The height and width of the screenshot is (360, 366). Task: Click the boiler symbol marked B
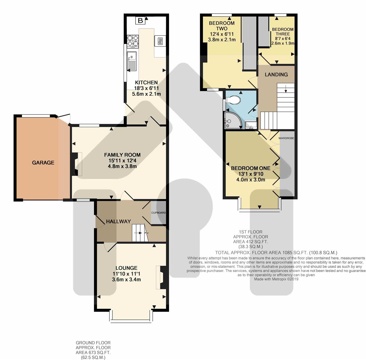(140, 21)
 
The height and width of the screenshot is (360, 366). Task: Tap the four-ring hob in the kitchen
(133, 41)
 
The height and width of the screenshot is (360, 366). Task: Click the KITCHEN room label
(146, 83)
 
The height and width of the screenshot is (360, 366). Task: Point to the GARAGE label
(43, 163)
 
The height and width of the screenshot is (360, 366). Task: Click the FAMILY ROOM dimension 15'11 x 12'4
(122, 161)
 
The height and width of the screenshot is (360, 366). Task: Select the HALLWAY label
(118, 221)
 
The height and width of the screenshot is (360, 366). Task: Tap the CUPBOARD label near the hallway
(158, 213)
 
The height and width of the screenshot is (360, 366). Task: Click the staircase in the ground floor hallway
(140, 233)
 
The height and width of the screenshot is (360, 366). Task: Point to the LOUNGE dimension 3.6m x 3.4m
(126, 279)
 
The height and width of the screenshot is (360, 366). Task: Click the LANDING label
(276, 75)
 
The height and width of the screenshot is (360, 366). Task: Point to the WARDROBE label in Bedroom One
(286, 138)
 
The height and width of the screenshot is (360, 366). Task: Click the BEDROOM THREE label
(283, 32)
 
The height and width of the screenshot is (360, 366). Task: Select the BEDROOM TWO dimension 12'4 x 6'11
(222, 34)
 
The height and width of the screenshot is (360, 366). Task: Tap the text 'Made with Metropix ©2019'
(276, 279)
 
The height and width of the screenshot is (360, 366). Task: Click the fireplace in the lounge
(162, 278)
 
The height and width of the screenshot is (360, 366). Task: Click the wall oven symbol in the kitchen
(160, 41)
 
